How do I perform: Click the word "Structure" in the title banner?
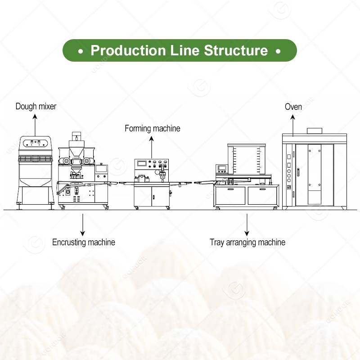236,50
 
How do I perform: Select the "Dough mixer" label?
36,107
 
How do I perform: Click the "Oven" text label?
293,107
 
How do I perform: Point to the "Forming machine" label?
152,129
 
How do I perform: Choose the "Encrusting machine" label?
84,243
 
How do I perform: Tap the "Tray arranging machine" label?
247,243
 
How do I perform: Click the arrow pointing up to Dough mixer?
36,122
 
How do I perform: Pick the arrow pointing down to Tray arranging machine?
247,224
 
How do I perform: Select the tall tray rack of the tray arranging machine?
247,160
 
